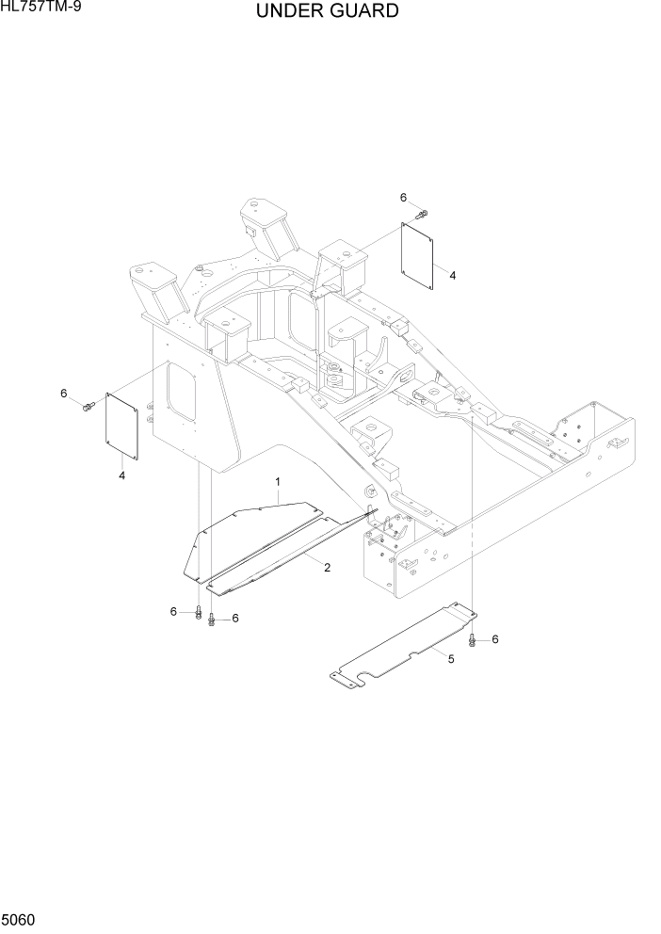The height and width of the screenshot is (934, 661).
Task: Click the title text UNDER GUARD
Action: [x=326, y=12]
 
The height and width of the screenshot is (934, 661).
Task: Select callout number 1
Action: [x=279, y=482]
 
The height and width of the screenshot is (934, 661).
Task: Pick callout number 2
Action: [x=327, y=567]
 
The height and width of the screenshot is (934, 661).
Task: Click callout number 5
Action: [x=450, y=659]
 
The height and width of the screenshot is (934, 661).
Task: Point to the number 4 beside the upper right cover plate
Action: [x=453, y=275]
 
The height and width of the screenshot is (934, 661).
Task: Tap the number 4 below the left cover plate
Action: [x=121, y=475]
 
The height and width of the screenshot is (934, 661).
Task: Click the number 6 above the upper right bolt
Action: [x=403, y=198]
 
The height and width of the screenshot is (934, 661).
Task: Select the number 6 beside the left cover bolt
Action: [x=64, y=393]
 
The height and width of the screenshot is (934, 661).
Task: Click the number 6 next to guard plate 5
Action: [x=494, y=639]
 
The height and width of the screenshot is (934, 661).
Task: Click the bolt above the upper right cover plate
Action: [x=422, y=215]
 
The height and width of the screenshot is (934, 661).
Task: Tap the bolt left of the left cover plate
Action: [x=88, y=407]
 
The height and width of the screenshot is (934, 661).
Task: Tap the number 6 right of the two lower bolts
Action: [x=234, y=618]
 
